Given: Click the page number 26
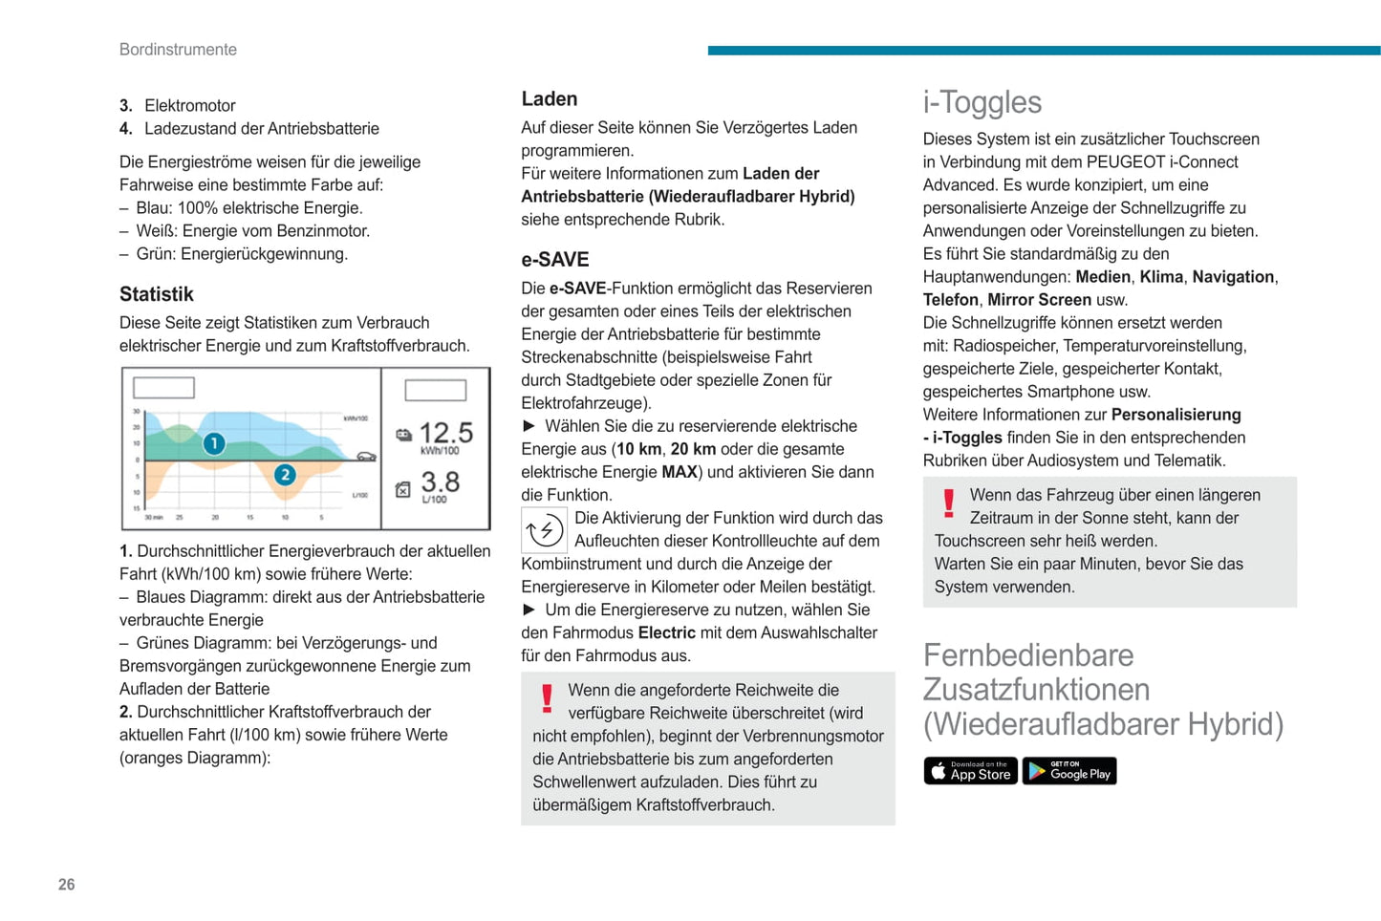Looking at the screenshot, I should click(x=66, y=885).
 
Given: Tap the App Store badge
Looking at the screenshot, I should click(x=970, y=771).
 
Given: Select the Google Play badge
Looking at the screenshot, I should click(x=1069, y=771).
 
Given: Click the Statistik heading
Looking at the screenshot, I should click(x=157, y=294).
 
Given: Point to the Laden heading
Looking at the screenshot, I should click(x=550, y=99).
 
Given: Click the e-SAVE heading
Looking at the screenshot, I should click(x=555, y=260).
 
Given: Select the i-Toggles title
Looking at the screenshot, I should click(x=982, y=102).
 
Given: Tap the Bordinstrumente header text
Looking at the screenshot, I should click(x=178, y=50).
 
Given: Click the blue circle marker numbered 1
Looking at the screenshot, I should click(x=214, y=443).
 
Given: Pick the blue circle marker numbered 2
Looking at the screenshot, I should click(x=285, y=475).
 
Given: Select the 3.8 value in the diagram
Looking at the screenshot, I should click(x=440, y=482).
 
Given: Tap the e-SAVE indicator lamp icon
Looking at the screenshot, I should click(x=545, y=530).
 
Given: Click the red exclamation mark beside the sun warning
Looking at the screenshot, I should click(x=948, y=503).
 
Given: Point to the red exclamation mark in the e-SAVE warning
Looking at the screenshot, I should click(x=547, y=698).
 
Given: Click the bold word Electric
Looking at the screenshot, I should click(x=666, y=632).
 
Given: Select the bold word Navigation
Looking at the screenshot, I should click(x=1233, y=277).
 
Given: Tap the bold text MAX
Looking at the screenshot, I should click(x=680, y=472).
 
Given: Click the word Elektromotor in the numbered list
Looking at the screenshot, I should click(x=190, y=106).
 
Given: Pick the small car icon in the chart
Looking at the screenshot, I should click(x=366, y=457).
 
